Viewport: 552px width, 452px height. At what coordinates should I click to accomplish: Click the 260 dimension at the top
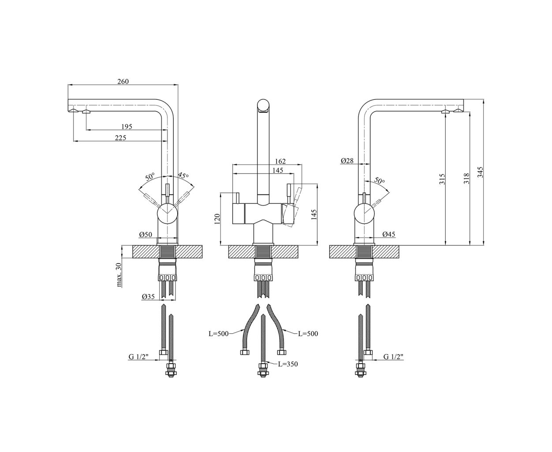click(123, 82)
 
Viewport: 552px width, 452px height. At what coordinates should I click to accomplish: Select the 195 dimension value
click(127, 127)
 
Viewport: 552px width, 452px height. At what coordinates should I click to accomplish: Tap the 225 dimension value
click(120, 138)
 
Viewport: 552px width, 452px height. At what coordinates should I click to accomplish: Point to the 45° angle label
click(183, 175)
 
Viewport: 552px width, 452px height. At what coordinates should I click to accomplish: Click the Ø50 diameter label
click(145, 234)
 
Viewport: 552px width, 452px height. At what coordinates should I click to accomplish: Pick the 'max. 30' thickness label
click(119, 275)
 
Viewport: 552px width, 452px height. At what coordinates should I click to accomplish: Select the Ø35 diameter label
click(149, 297)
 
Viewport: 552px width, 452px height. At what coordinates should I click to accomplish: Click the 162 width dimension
click(280, 162)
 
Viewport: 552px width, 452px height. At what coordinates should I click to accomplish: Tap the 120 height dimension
click(217, 219)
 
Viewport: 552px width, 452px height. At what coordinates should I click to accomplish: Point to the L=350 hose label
click(288, 364)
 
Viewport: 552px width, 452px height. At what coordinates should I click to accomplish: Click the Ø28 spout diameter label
click(347, 161)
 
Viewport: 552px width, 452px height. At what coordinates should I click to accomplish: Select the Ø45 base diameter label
click(389, 234)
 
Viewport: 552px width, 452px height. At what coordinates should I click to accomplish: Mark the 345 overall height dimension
click(480, 172)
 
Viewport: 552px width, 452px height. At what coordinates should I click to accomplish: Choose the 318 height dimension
click(466, 178)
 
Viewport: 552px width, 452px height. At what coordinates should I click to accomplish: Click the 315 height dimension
click(442, 179)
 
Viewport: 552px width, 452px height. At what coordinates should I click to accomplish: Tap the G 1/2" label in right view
click(393, 357)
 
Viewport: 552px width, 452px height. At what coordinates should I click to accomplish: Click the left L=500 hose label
click(219, 334)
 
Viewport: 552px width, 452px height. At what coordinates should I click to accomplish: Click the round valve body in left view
click(168, 214)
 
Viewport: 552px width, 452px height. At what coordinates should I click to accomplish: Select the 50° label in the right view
click(379, 180)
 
